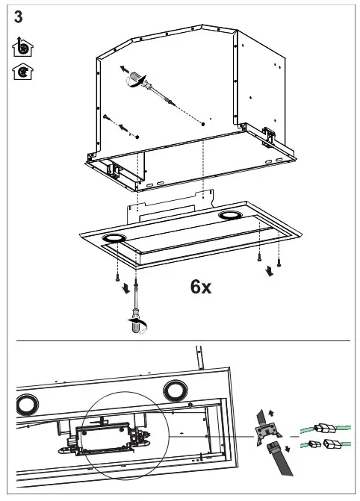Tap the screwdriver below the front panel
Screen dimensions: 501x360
tap(136, 318)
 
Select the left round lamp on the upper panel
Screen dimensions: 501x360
tap(114, 238)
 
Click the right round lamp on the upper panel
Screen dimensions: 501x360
tap(228, 216)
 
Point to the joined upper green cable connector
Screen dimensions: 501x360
tap(326, 429)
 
